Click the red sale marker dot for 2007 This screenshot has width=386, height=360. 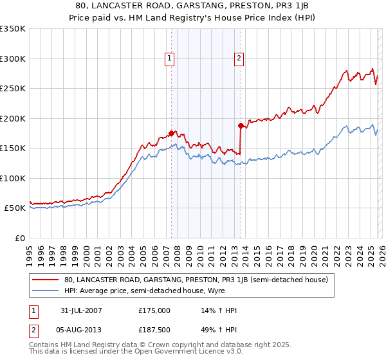coord(172,133)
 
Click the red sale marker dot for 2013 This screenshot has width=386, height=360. coord(240,125)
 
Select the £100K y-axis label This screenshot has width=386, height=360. coord(13,178)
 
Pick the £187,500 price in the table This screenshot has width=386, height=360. coord(154,331)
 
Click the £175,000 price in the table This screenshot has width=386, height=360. coord(154,311)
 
